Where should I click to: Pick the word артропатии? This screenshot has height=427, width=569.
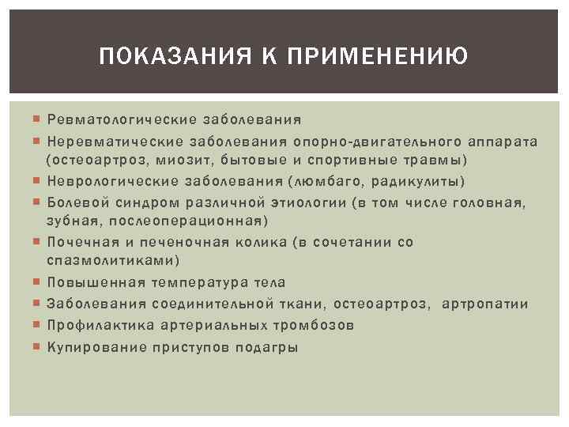click(485, 304)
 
